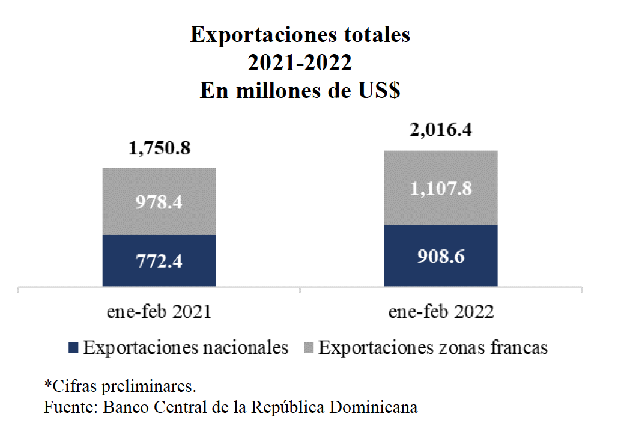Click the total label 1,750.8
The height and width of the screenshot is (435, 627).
(x=159, y=148)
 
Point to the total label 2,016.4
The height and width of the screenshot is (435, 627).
(x=441, y=130)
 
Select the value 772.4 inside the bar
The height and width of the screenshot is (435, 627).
(x=159, y=261)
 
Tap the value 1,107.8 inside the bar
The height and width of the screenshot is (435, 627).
(x=441, y=189)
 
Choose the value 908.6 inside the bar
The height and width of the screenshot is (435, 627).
(x=441, y=256)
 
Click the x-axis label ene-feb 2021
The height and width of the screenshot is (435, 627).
(x=159, y=312)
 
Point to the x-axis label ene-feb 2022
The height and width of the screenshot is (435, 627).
(x=441, y=312)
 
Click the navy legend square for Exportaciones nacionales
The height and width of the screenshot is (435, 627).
(x=74, y=348)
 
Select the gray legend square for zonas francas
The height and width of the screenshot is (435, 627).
(x=309, y=348)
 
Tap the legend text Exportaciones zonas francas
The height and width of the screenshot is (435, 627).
(x=432, y=348)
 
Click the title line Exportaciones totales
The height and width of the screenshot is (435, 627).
(x=300, y=35)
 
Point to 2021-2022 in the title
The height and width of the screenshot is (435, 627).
(x=300, y=63)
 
